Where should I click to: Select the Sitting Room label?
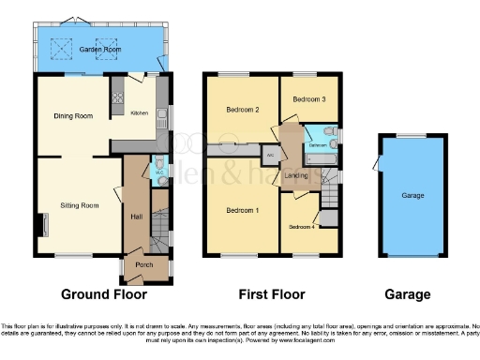[80, 204]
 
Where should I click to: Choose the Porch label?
[144, 264]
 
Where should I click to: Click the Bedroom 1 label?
[242, 209]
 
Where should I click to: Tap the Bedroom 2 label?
[242, 110]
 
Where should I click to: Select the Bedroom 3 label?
[308, 98]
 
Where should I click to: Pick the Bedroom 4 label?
[301, 228]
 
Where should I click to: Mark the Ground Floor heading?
[104, 294]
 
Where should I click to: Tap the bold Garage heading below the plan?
[408, 294]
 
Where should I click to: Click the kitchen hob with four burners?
[118, 95]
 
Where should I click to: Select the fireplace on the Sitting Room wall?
[42, 226]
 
